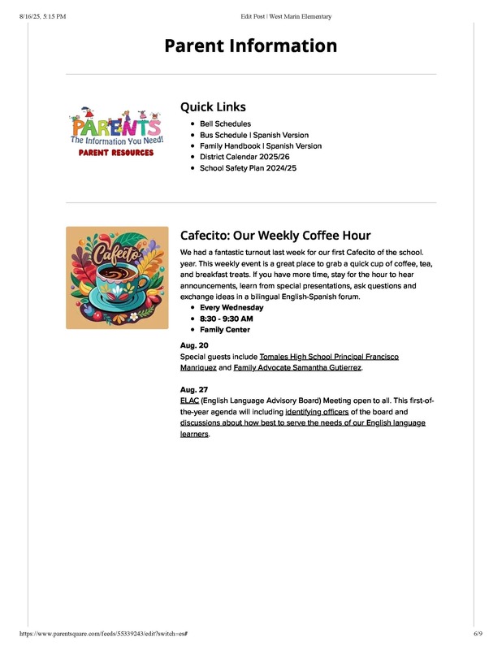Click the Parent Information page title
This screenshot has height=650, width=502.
[x=250, y=45]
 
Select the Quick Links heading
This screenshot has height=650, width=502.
[x=213, y=106]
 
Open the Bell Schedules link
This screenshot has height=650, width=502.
[x=225, y=124]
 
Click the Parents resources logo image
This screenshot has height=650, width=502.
[x=117, y=132]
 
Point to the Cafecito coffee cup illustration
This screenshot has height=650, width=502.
[x=117, y=278]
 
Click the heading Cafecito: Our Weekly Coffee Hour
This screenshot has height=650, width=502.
[x=275, y=236]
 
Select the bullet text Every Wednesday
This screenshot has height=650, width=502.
[x=232, y=308]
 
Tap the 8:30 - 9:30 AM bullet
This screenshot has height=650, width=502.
[x=227, y=319]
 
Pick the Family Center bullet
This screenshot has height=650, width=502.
[x=225, y=330]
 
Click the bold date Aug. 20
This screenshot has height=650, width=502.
[x=194, y=345]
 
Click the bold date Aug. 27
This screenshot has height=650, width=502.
[x=194, y=390]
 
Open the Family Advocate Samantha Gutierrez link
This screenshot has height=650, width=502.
[x=297, y=368]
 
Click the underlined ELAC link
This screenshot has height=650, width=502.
[x=188, y=401]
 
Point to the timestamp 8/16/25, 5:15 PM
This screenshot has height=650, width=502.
[x=41, y=16]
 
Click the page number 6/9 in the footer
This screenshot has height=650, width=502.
[x=478, y=634]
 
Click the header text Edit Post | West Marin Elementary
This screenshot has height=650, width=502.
[x=286, y=16]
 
